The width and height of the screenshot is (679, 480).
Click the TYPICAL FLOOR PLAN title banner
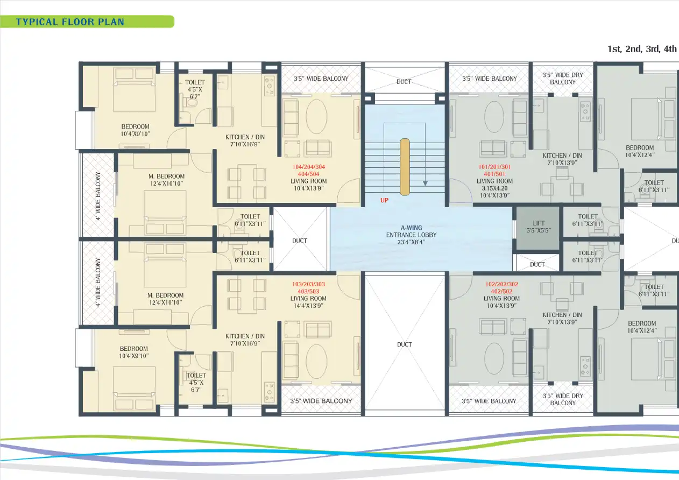tap(70, 22)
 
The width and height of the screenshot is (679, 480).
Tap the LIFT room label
tap(539, 223)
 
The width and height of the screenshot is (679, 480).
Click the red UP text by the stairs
tap(384, 200)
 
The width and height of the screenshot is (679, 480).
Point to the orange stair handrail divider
tap(405, 166)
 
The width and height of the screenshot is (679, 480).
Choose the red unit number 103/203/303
tap(308, 285)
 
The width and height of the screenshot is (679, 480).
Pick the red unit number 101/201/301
tap(494, 167)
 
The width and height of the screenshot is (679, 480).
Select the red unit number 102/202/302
tap(501, 285)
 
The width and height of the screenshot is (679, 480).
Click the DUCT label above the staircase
tap(404, 82)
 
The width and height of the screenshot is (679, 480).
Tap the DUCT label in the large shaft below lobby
tap(405, 344)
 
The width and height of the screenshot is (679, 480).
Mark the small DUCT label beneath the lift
tap(537, 264)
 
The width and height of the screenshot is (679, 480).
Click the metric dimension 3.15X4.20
tap(494, 188)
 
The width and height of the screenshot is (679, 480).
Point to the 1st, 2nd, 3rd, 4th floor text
tap(642, 49)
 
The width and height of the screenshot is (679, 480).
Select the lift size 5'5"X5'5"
tap(539, 230)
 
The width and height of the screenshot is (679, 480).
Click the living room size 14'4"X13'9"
tap(308, 306)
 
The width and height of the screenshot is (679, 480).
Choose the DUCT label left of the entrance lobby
tap(300, 241)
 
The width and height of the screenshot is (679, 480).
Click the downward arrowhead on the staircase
tap(425, 183)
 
